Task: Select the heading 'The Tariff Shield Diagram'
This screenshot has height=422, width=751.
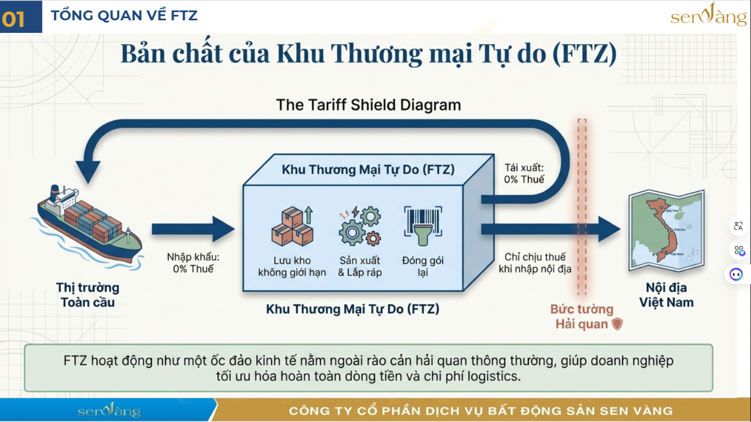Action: (x=368, y=104)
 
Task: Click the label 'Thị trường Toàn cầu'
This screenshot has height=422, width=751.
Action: (x=87, y=295)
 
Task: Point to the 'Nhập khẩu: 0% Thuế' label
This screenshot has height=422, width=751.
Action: (x=193, y=263)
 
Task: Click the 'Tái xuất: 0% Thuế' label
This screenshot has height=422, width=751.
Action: (x=524, y=173)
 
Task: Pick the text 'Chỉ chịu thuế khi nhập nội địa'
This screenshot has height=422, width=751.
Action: (x=534, y=263)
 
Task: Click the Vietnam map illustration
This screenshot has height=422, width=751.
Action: (x=666, y=231)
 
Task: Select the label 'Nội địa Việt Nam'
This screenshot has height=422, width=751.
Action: (x=666, y=295)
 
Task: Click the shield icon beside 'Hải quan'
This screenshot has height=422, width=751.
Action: (x=617, y=324)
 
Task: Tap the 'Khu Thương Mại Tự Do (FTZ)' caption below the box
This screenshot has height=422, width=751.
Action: (x=352, y=309)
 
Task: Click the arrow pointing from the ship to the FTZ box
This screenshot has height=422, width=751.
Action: (x=192, y=229)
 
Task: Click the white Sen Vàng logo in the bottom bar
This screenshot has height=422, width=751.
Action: (x=109, y=410)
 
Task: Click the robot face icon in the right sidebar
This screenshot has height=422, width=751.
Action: (x=736, y=274)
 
